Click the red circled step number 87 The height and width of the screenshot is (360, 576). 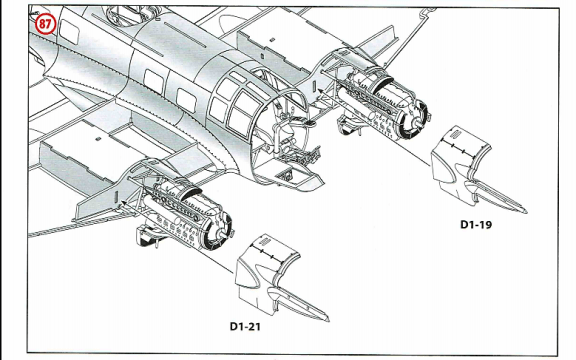[45, 24]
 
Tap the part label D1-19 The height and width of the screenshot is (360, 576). [476, 224]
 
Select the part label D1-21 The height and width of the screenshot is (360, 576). [245, 326]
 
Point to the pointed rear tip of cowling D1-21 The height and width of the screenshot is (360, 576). [328, 320]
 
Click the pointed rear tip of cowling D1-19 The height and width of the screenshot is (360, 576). [525, 211]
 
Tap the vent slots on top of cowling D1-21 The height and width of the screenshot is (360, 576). [264, 242]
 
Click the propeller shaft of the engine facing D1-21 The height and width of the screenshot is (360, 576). [222, 234]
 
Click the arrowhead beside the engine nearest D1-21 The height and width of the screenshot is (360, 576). [124, 202]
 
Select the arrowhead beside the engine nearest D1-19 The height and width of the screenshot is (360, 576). [320, 90]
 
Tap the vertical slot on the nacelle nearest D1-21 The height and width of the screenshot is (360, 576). [116, 197]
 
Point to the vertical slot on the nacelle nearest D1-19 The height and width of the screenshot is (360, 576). [314, 86]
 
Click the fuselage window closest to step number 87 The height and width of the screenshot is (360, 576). [69, 32]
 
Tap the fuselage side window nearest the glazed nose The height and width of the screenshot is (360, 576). [186, 101]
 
